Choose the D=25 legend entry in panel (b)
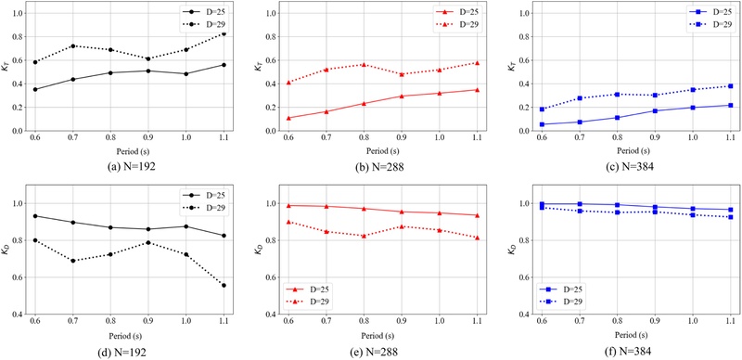pos(457,12)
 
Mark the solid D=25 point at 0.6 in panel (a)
pos(35,89)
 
